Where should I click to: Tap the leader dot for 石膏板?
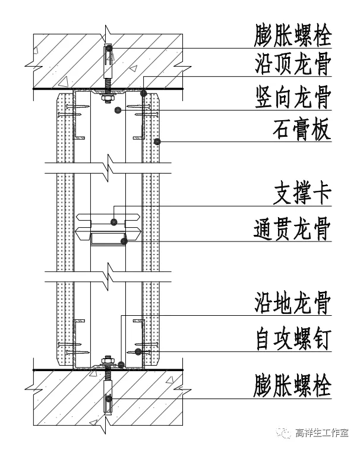(x=157, y=141)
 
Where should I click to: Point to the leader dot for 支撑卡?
(x=113, y=222)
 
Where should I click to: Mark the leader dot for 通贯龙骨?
(x=124, y=241)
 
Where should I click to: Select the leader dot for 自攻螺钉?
(x=138, y=351)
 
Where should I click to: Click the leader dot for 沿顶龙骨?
(x=143, y=93)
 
